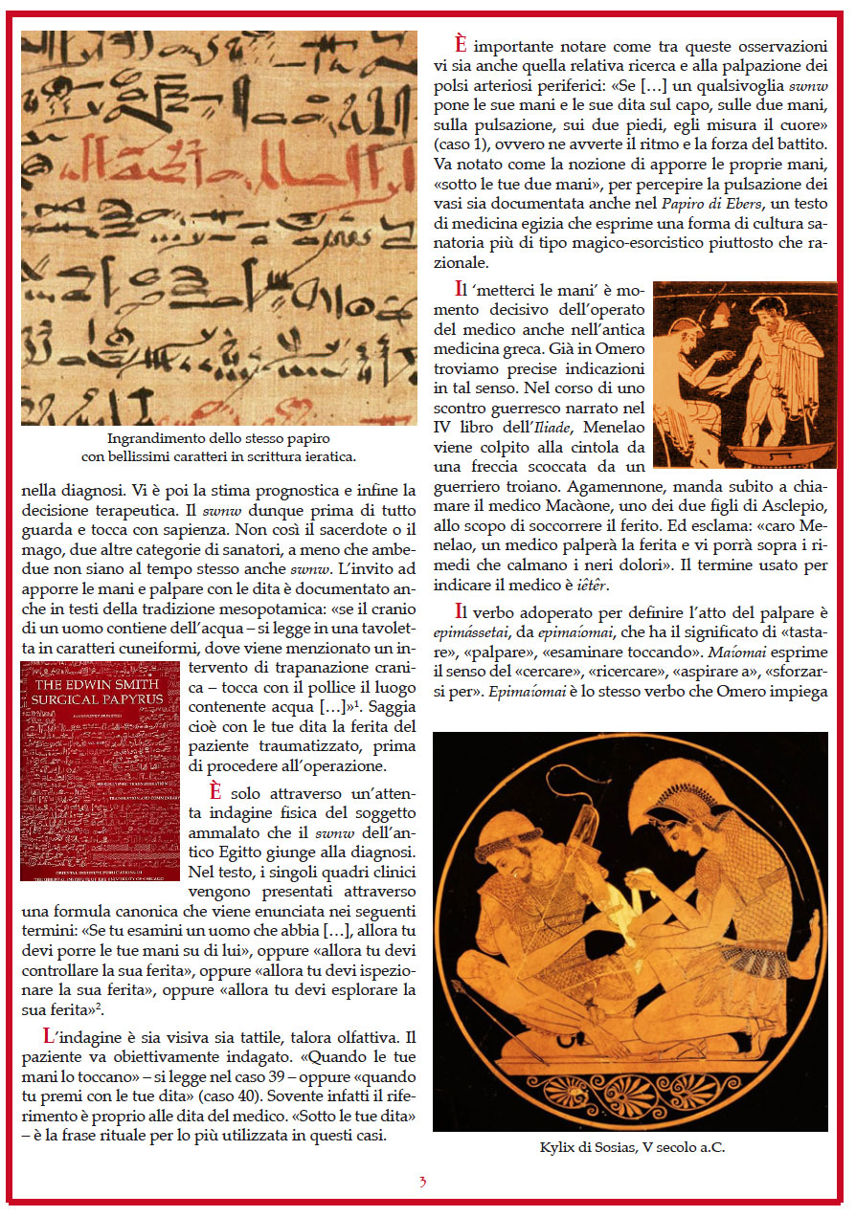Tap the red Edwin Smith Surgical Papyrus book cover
coord(100,770)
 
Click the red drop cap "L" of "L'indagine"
coord(49,1036)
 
